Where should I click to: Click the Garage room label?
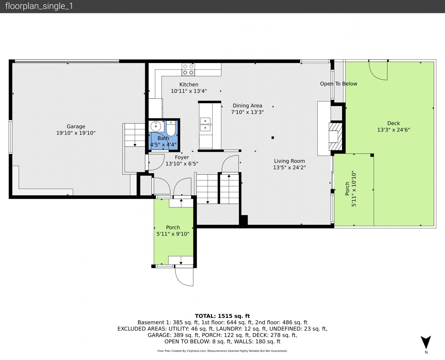pos(76,126)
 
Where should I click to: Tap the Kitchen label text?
pos(189,84)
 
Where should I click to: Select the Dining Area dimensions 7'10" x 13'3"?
pos(247,112)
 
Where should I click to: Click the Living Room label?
pos(289,161)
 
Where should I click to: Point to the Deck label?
pos(394,123)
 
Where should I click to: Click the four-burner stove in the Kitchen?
pos(188,70)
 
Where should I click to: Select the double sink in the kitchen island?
pos(206,125)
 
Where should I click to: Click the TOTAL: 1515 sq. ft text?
pos(222,316)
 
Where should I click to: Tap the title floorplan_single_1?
pos(39,6)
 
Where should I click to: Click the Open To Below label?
pos(338,84)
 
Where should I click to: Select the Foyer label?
pos(182,157)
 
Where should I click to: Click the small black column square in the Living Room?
pos(273,138)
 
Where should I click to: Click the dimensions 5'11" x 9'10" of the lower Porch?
pos(173,234)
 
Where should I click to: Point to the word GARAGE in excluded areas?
pos(159,335)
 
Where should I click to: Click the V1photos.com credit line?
pos(222,351)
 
